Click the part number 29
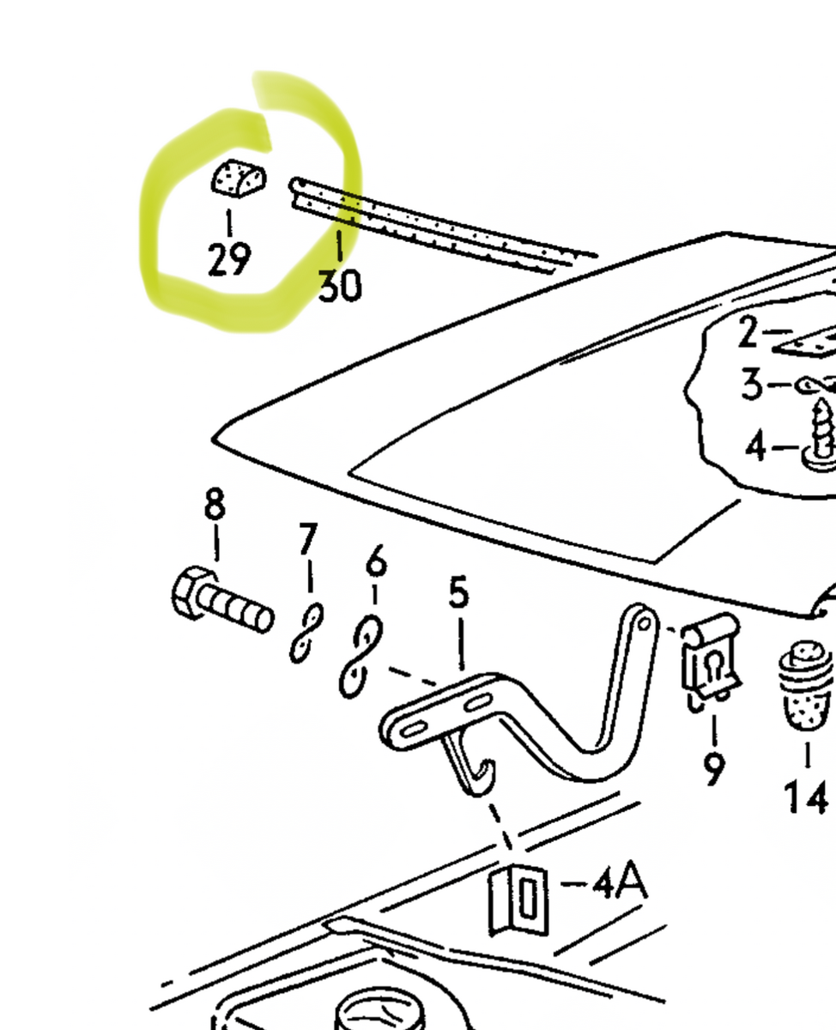(229, 259)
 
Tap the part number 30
(340, 286)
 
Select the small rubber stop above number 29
(238, 179)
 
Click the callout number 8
(215, 505)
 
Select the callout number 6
(376, 563)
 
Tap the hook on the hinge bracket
(469, 768)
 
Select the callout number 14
(807, 798)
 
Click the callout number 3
(752, 385)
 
